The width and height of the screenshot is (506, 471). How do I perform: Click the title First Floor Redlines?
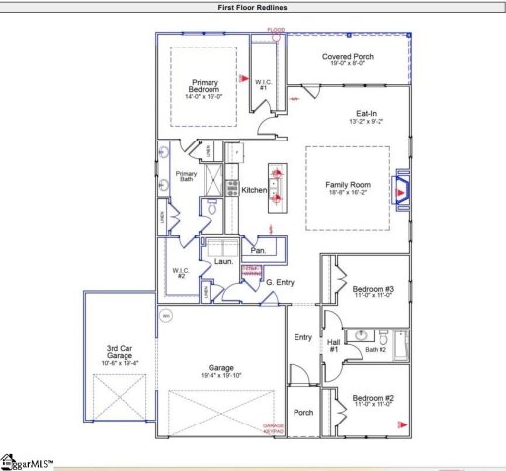(253, 7)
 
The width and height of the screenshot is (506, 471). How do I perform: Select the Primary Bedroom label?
(205, 87)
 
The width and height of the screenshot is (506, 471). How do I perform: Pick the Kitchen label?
(255, 189)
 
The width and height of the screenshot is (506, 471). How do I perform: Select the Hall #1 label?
(333, 346)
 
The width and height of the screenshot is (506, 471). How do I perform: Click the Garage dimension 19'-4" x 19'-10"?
(221, 375)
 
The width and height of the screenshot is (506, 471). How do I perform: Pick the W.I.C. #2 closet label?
(181, 273)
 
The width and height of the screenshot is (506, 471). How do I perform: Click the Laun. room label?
(223, 262)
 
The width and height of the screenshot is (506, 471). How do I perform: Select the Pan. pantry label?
(259, 237)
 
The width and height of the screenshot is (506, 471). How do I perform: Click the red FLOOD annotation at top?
(277, 31)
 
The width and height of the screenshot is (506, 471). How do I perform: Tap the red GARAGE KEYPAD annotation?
(273, 428)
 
